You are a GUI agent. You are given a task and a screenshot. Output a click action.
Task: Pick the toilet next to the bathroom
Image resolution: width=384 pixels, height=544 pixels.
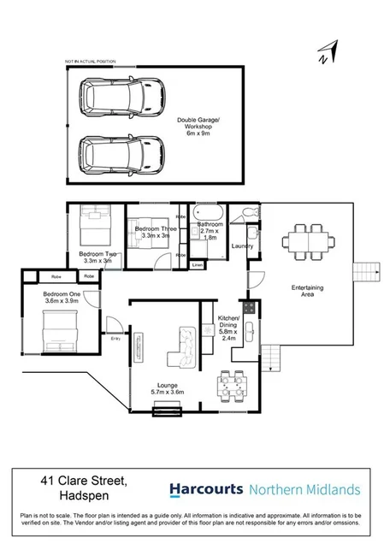pyautogui.click(x=248, y=213)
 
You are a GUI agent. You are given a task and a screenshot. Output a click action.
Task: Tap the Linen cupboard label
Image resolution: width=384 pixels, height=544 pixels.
pyautogui.click(x=198, y=265)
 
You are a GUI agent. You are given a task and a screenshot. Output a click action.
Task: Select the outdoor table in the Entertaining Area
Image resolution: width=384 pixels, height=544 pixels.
pyautogui.click(x=304, y=239)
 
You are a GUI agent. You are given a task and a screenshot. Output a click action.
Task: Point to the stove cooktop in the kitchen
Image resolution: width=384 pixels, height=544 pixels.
pyautogui.click(x=248, y=306)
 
